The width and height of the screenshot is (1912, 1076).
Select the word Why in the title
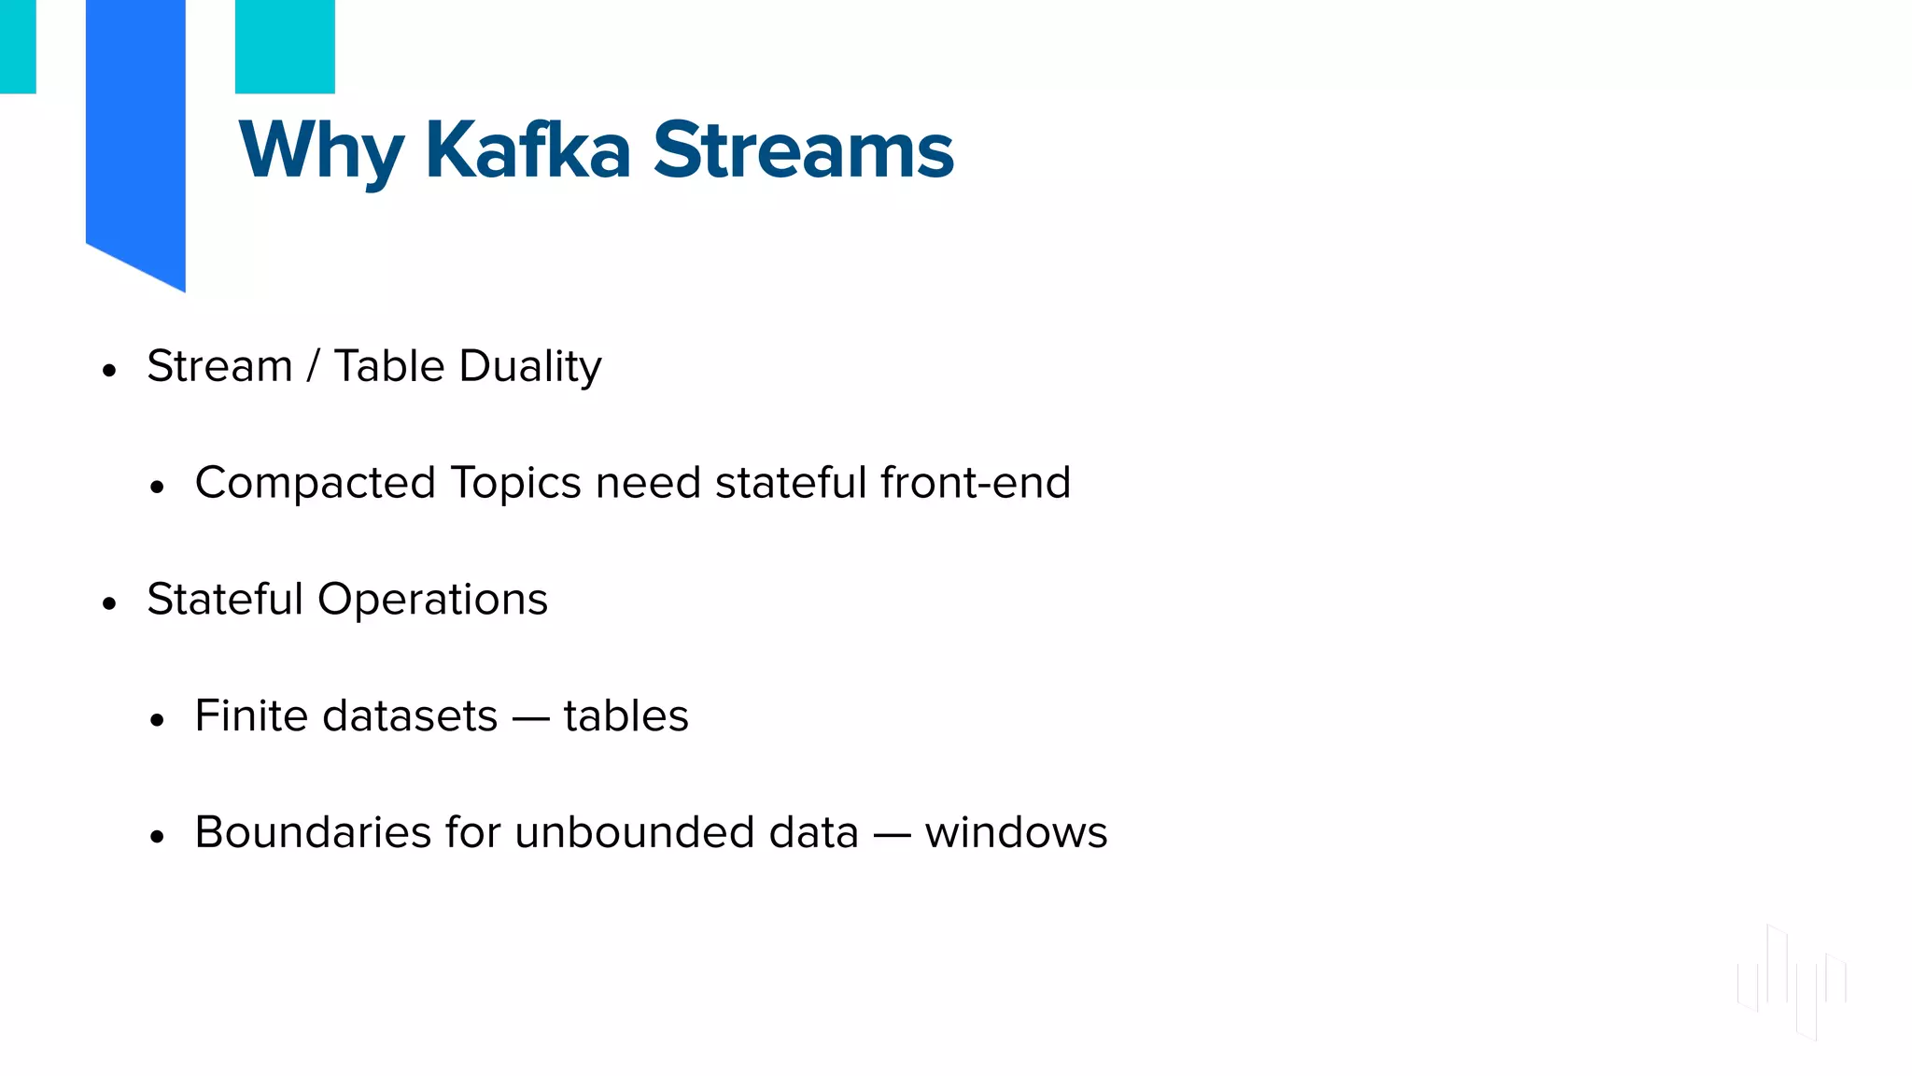[320, 152]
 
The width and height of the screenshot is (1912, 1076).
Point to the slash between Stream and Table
[313, 366]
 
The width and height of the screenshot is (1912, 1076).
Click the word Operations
[432, 600]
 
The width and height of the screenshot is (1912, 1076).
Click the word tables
[626, 715]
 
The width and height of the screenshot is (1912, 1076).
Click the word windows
[1016, 832]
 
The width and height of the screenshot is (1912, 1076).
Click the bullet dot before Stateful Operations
[110, 603]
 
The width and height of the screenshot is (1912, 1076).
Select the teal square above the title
[285, 46]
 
